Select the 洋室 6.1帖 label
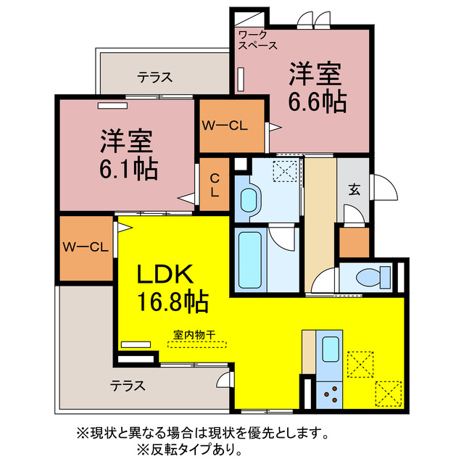128,154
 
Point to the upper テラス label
154,75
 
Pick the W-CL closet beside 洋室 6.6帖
225,125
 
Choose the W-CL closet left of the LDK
85,247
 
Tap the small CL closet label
215,186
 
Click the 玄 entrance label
355,189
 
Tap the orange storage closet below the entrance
355,243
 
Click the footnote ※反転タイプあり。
231,449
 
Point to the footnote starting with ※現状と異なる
202,434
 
